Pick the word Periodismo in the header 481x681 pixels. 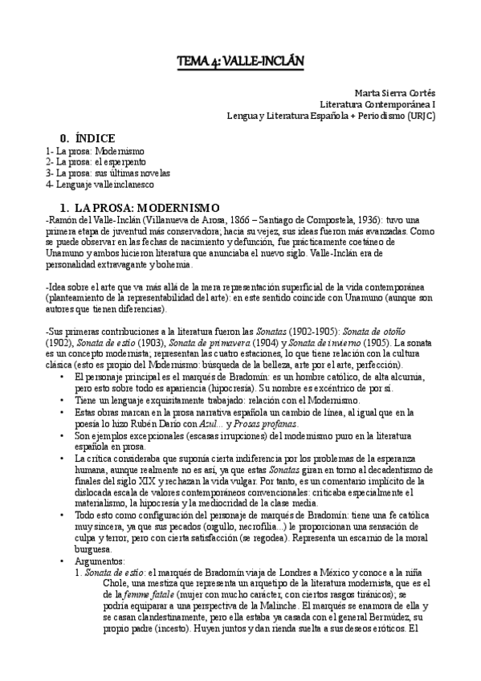click(x=378, y=115)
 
